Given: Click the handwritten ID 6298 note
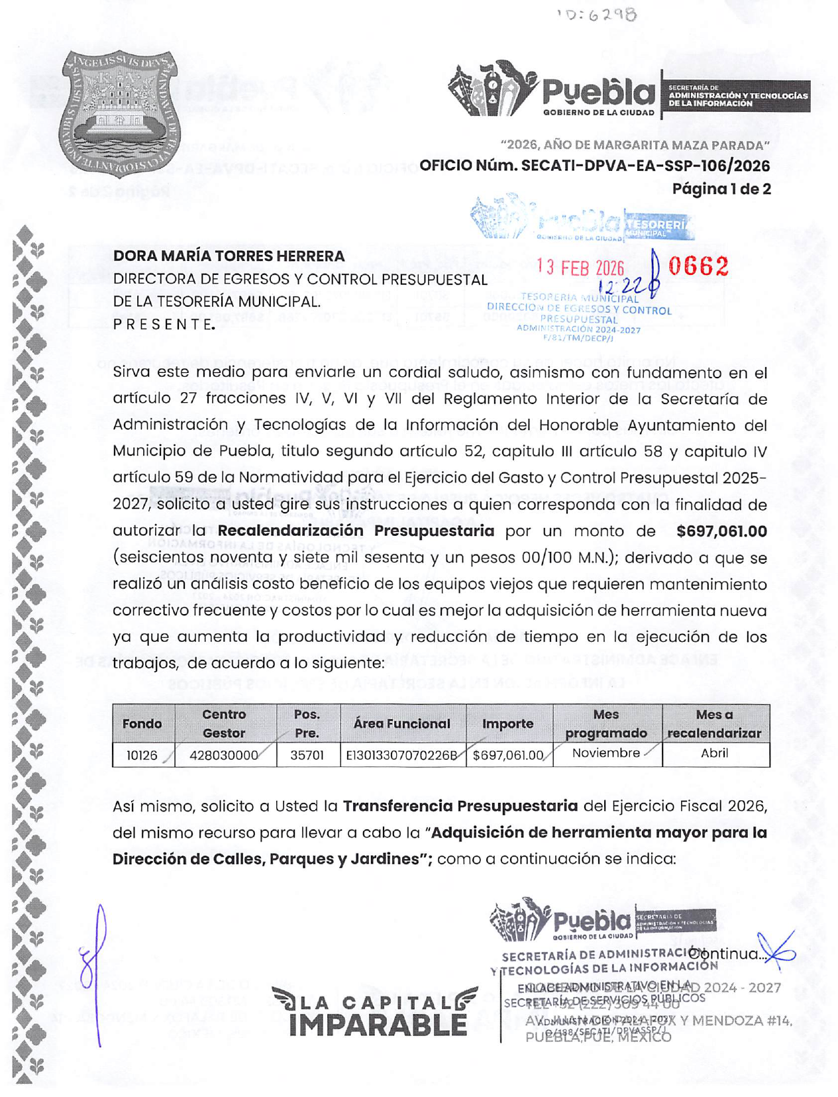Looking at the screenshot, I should (596, 15).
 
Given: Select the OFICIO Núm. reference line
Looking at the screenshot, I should (594, 166).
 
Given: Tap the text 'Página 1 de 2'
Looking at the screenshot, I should (721, 189).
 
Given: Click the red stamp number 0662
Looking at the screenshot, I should (698, 266).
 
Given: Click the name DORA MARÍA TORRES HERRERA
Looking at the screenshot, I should (229, 256).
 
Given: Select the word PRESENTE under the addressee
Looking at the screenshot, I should (164, 325).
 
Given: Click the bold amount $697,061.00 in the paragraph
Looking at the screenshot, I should (721, 531).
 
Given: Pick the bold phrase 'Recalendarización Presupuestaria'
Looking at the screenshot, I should (356, 531).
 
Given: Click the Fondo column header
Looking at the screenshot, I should (142, 724).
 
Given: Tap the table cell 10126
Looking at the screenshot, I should (142, 755).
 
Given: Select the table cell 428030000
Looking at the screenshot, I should (224, 755).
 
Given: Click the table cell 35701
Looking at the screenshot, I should (307, 755).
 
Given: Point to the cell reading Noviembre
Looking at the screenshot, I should (606, 753).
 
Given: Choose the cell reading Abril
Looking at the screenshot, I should (714, 753).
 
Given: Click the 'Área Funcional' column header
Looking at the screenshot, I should (401, 724).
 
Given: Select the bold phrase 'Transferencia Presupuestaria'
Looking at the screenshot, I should (460, 806).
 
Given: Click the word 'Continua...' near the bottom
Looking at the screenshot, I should (727, 954).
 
